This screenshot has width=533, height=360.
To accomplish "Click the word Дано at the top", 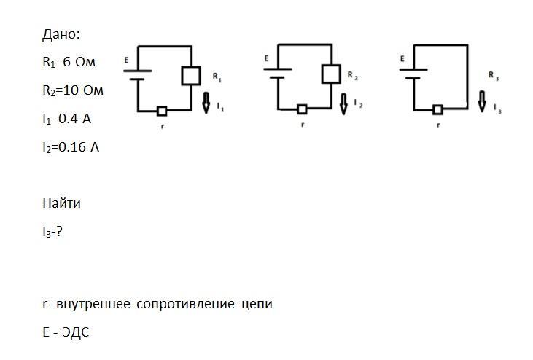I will (x=61, y=34).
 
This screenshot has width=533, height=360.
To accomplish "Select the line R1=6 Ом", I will (x=69, y=63).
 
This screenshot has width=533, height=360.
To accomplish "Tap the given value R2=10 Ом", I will (x=73, y=90).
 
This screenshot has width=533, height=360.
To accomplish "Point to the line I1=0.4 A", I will (x=67, y=119).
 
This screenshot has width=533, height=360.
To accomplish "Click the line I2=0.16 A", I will (x=71, y=147).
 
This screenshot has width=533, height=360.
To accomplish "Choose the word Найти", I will (x=62, y=203).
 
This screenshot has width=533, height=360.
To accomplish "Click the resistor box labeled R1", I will (x=190, y=76).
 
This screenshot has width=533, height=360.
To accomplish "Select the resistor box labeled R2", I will (x=331, y=74).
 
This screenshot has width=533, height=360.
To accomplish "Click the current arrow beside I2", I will (x=344, y=103).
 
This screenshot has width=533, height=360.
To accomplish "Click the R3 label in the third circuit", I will (x=494, y=76).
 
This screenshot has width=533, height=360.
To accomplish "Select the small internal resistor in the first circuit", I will (x=162, y=111).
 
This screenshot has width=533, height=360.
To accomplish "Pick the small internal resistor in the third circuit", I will (x=437, y=110).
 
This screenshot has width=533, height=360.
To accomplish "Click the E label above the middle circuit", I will (x=267, y=58).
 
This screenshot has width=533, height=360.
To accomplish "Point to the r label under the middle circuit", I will (x=302, y=125).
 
